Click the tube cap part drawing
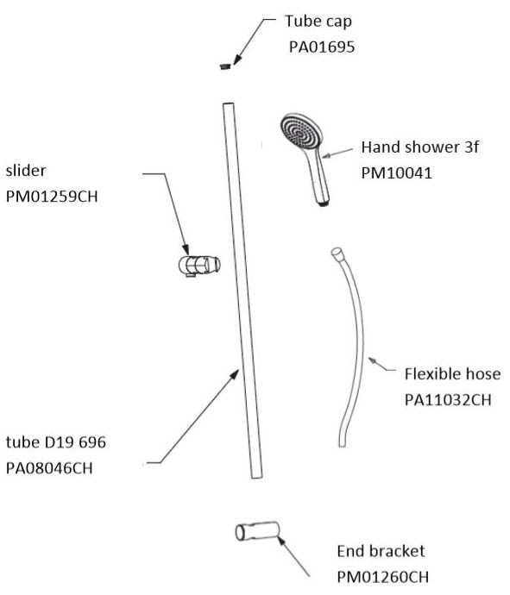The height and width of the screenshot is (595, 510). pos(225,66)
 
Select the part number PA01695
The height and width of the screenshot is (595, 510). pos(322,47)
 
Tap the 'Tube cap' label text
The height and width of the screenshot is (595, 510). pos(318,22)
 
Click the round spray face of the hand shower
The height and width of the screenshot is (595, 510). pos(301,134)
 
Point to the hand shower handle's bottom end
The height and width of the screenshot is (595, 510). pos(323,204)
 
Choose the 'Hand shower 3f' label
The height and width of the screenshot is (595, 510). pos(420,147)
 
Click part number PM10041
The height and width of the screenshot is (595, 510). pos(396,173)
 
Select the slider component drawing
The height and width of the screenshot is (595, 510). pos(199,266)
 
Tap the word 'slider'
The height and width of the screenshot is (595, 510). pos(26,171)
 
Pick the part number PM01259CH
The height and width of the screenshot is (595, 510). pos(52,197)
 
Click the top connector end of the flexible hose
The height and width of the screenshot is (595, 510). pos(337,253)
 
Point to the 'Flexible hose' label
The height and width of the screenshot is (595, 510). pos(452,373)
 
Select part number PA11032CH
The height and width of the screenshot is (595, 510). pos(448,399)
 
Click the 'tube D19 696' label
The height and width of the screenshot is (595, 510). pos(56,442)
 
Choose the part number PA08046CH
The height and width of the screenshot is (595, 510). pos(49,468)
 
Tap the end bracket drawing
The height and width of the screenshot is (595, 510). pos(257,531)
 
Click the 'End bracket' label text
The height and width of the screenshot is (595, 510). pos(381,551)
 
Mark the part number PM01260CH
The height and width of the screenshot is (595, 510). pos(383,577)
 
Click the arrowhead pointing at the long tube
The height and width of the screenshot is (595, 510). pos(235,375)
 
